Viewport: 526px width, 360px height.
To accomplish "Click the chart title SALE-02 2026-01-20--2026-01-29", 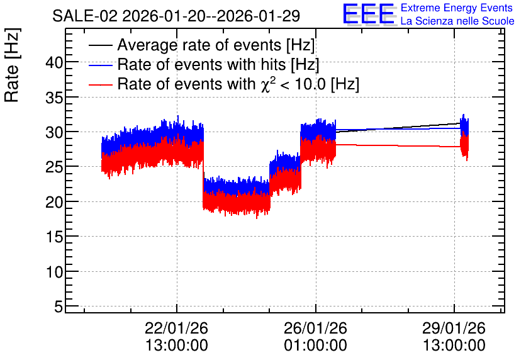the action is [176, 16].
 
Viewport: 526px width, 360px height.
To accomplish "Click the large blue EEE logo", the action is [368, 14].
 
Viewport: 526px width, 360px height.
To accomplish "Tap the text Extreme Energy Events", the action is [457, 8].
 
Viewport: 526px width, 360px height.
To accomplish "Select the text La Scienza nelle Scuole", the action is [457, 21].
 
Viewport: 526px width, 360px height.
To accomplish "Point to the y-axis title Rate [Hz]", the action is [12, 65].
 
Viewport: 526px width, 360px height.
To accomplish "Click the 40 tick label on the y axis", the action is [55, 63].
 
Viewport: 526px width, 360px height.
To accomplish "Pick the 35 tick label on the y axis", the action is [55, 98].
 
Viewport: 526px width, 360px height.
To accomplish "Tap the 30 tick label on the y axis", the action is [55, 133].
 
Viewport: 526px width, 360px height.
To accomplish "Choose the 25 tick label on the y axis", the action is [55, 167].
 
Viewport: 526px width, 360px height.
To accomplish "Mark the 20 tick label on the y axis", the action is [55, 202].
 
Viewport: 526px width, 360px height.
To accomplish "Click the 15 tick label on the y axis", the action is [55, 237].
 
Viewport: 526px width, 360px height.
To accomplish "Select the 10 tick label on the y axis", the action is [55, 272].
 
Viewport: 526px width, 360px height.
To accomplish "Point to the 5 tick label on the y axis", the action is [59, 307].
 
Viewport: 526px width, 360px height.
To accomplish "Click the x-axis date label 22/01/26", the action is [176, 328].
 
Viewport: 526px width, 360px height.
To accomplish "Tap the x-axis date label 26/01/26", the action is [315, 328].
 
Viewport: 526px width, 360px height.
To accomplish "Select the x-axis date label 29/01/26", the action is [454, 328].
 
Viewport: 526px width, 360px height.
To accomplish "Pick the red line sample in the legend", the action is [100, 85].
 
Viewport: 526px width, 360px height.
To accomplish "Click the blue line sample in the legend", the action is [100, 65].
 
